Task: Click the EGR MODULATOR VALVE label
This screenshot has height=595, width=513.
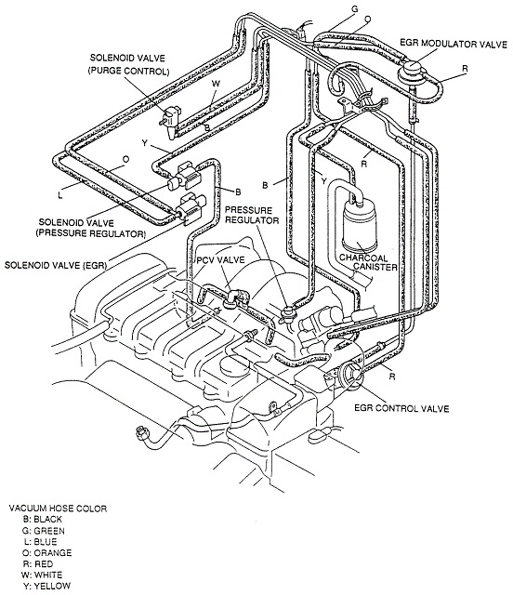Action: pos(454,44)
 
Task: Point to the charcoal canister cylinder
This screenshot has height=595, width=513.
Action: pos(360,224)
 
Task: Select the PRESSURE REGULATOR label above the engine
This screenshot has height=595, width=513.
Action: pos(252,215)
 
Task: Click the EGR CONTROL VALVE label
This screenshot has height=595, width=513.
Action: pos(401,408)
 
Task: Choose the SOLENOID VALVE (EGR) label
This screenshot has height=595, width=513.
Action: pos(56,265)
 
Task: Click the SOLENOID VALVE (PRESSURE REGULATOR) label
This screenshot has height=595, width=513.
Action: pos(91,228)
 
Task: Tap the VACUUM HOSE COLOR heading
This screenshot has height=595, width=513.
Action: pos(58,509)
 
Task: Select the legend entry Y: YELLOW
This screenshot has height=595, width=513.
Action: pos(46,586)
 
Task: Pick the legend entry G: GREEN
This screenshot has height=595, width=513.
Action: pos(44,531)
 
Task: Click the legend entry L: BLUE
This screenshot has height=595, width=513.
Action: pos(40,541)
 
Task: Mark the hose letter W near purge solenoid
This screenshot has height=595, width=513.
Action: pos(216,84)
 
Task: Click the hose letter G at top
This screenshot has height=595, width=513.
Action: pos(355,9)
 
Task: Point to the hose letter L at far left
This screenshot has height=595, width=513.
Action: pos(60,196)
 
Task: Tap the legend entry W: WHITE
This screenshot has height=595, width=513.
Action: pos(42,575)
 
